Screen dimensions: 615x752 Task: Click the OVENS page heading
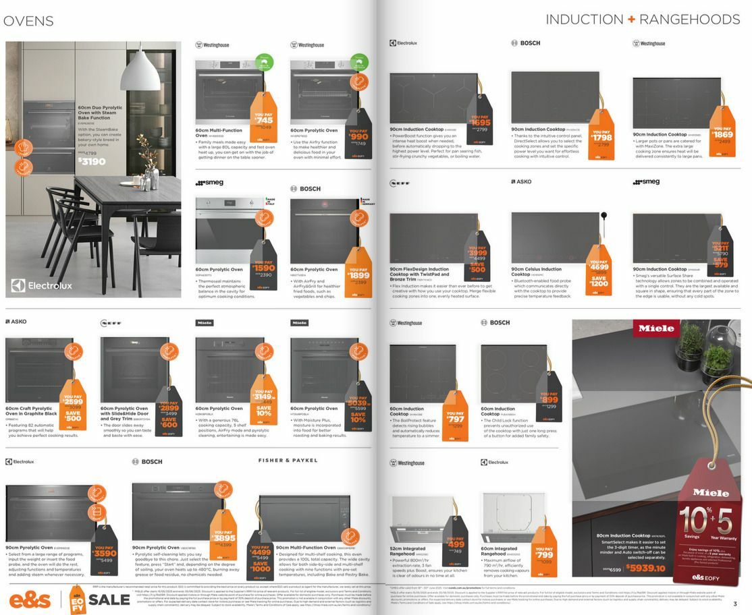28,21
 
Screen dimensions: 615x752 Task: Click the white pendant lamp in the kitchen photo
141,71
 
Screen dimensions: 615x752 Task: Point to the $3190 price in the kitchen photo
91,161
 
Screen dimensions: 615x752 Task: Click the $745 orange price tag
264,119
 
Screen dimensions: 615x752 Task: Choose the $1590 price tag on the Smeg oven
264,268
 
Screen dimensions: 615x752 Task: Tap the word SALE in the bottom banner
109,599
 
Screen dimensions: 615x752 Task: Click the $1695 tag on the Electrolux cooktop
479,123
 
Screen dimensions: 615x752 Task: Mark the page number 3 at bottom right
735,603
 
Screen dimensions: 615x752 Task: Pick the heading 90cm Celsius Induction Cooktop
536,272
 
